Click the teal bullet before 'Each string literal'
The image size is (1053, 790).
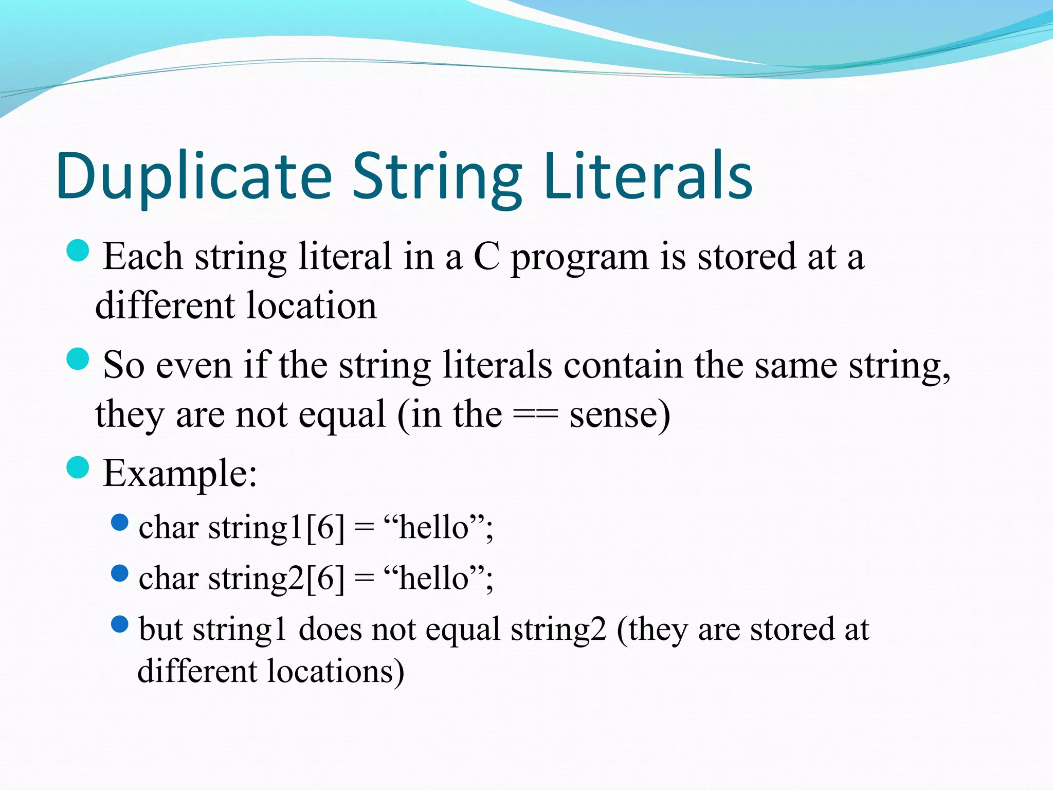pyautogui.click(x=78, y=250)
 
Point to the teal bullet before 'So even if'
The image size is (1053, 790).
pyautogui.click(x=78, y=358)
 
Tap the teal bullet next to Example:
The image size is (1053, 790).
pyautogui.click(x=78, y=467)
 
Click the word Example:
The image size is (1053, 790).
pyautogui.click(x=180, y=473)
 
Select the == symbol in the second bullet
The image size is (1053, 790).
pyautogui.click(x=535, y=415)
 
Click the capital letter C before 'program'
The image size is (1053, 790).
pyautogui.click(x=486, y=257)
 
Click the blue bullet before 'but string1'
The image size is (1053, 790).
pyautogui.click(x=119, y=624)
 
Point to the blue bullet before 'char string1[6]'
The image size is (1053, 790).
pyautogui.click(x=119, y=523)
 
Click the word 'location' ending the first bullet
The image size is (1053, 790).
pyautogui.click(x=312, y=306)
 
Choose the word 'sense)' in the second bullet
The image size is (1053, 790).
pyautogui.click(x=620, y=415)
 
